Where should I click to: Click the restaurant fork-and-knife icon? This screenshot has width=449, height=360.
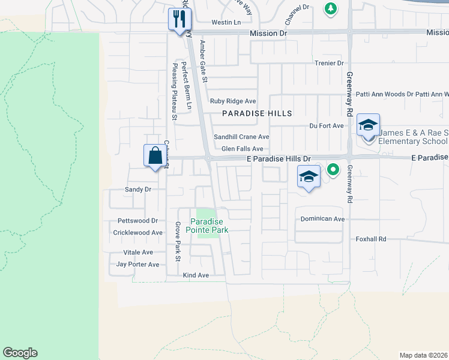pos(179,19)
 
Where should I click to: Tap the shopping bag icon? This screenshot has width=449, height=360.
pos(155,155)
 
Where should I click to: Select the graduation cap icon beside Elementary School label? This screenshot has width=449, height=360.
pos(368,125)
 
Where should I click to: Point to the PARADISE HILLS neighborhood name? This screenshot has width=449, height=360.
pos(257,113)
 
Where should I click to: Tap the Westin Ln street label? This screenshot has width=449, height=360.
pos(225,22)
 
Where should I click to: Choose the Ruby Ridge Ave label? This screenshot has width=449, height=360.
pos(233,101)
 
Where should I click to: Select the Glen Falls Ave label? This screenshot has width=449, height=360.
pos(243,149)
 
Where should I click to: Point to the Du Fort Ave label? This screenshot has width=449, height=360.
pos(326,126)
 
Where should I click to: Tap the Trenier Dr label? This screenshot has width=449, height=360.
pos(329,63)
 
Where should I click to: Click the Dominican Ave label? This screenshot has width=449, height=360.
pos(322,219)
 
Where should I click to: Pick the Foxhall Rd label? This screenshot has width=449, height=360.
pos(369,239)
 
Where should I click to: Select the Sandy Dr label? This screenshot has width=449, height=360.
pos(137,189)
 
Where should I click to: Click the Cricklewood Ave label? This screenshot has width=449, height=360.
pos(138,232)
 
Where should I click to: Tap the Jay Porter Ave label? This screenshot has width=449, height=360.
pos(137,264)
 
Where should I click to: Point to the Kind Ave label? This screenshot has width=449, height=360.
pos(196,275)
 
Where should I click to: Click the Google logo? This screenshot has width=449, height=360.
pos(20,353)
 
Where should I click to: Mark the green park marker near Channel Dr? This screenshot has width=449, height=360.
pos(330,8)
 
